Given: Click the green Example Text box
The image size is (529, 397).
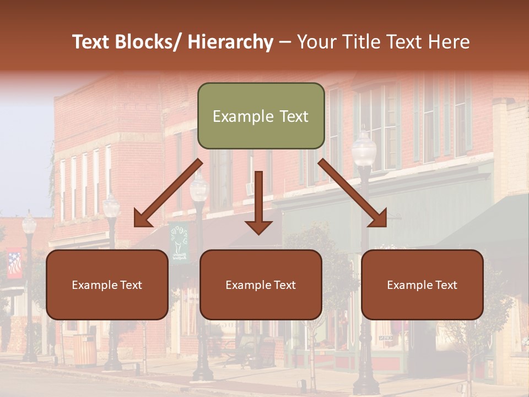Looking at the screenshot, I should [x=261, y=116].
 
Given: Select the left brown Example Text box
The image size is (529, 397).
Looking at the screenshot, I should [x=107, y=285].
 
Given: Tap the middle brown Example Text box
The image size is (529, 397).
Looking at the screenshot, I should [x=261, y=285].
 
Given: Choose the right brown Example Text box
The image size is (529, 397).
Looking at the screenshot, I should [x=422, y=285].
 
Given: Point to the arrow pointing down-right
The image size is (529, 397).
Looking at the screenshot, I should [x=353, y=194].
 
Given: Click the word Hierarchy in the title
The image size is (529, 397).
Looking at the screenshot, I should [x=230, y=42].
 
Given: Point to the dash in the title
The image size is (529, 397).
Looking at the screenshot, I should [x=285, y=42].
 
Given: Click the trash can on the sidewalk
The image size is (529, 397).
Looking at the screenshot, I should [x=84, y=350].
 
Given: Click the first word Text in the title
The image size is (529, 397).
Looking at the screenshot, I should [x=91, y=42].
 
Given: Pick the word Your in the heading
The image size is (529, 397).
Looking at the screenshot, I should [x=316, y=42].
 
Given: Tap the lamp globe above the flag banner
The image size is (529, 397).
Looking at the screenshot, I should [x=29, y=223].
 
